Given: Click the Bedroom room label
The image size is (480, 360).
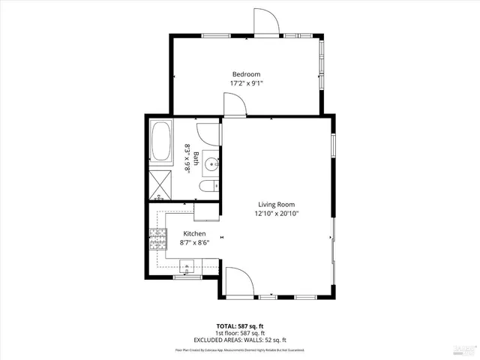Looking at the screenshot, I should pyautogui.click(x=246, y=73).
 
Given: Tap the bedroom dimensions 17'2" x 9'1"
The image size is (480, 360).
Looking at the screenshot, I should pyautogui.click(x=246, y=83).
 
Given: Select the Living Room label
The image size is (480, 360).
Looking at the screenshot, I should pyautogui.click(x=277, y=204).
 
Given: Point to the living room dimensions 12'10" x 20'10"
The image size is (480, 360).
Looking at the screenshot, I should pyautogui.click(x=277, y=214).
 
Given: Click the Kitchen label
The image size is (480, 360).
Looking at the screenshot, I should pyautogui.click(x=173, y=233).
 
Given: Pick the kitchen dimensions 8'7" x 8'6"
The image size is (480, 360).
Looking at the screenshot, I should pyautogui.click(x=173, y=242).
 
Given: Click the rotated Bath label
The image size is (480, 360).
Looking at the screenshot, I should pyautogui.click(x=196, y=158).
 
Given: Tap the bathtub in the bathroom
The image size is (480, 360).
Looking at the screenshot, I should pyautogui.click(x=160, y=142).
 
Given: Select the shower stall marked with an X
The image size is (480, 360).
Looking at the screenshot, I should pyautogui.click(x=160, y=182).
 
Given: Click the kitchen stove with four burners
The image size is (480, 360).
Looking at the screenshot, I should pyautogui.click(x=157, y=241).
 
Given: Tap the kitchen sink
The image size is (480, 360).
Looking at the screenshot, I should pyautogui.click(x=187, y=265).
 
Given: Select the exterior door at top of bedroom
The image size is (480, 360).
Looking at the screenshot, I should pyautogui.click(x=265, y=22).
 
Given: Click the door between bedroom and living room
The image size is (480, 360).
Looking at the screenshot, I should pyautogui.click(x=234, y=106).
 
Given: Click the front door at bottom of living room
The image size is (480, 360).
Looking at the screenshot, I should pyautogui.click(x=238, y=281).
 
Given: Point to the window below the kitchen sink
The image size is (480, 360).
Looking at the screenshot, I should pyautogui.click(x=186, y=277).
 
